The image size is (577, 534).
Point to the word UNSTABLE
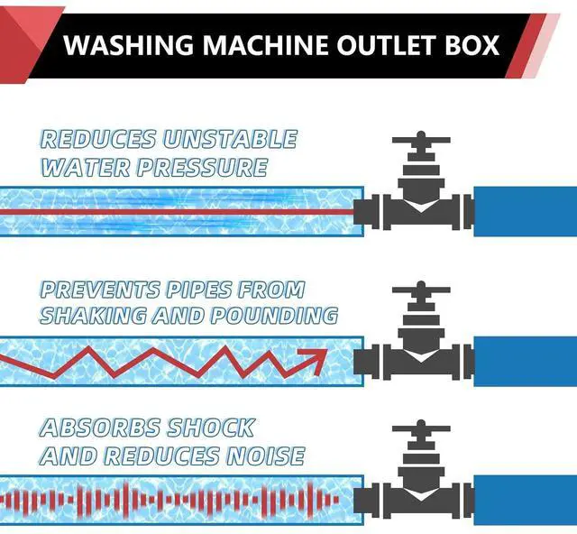point(230,139)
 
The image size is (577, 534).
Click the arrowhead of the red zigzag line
point(316,359)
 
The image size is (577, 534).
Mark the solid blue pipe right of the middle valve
point(524,361)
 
